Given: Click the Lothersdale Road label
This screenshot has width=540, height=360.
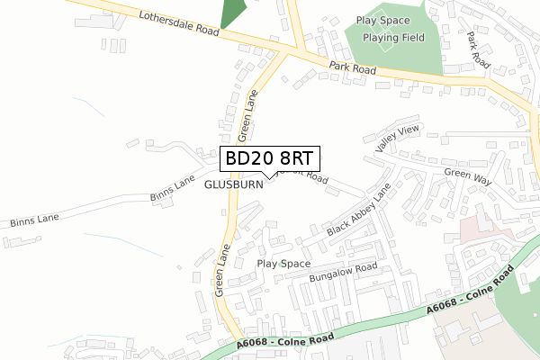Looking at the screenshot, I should pyautogui.click(x=179, y=23).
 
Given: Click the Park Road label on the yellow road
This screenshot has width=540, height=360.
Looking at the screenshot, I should pyautogui.click(x=352, y=67).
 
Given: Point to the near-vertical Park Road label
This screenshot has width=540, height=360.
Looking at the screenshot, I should pyautogui.click(x=476, y=50).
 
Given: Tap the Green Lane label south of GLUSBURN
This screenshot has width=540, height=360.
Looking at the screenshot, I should pyautogui.click(x=222, y=269).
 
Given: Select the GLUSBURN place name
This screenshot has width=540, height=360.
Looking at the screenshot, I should pyautogui.click(x=233, y=184).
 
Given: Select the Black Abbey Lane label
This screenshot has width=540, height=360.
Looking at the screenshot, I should pyautogui.click(x=359, y=213).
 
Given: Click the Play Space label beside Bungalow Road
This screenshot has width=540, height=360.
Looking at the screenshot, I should pyautogui.click(x=283, y=264).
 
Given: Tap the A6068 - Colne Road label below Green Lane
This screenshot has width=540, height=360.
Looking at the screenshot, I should pyautogui.click(x=285, y=340).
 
